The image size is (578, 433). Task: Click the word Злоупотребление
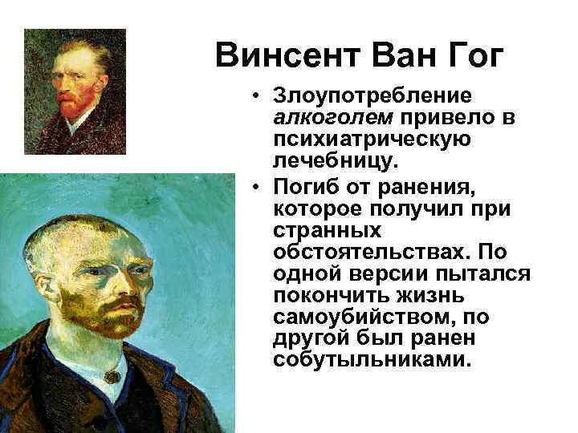pos(372,98)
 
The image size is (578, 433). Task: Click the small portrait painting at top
pos(75,85)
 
